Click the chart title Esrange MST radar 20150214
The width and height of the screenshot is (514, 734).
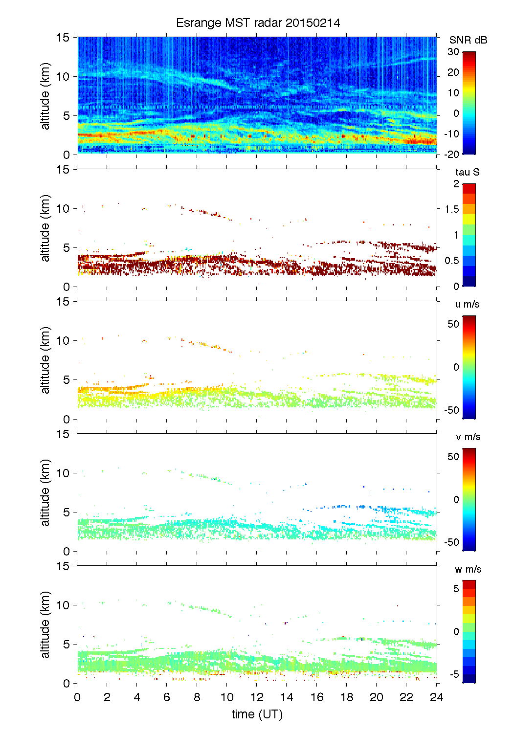[258, 23]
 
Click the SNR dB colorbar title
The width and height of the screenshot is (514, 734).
[468, 40]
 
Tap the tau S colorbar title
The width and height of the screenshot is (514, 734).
[467, 172]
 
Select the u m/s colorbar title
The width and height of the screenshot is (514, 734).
[467, 304]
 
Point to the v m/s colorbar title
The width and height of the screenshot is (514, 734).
[468, 437]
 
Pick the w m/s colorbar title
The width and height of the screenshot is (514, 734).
[468, 569]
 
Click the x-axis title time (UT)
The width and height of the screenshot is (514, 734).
[257, 714]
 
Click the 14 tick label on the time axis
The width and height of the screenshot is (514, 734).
[287, 697]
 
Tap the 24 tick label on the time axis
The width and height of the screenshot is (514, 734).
[436, 697]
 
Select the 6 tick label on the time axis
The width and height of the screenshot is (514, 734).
[167, 697]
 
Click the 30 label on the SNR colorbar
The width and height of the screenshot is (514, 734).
[453, 52]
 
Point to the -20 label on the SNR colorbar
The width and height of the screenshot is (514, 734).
[451, 155]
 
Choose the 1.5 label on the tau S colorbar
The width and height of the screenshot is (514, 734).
[451, 209]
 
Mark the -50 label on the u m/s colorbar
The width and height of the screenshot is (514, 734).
[451, 410]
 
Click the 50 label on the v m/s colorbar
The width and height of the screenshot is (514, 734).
[453, 457]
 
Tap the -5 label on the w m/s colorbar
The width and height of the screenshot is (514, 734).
[453, 675]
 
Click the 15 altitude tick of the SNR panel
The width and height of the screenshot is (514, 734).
[64, 37]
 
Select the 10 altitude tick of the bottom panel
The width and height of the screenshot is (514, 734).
[64, 605]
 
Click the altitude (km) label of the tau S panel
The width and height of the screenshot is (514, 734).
[45, 228]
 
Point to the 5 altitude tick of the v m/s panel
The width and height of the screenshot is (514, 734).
[67, 512]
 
